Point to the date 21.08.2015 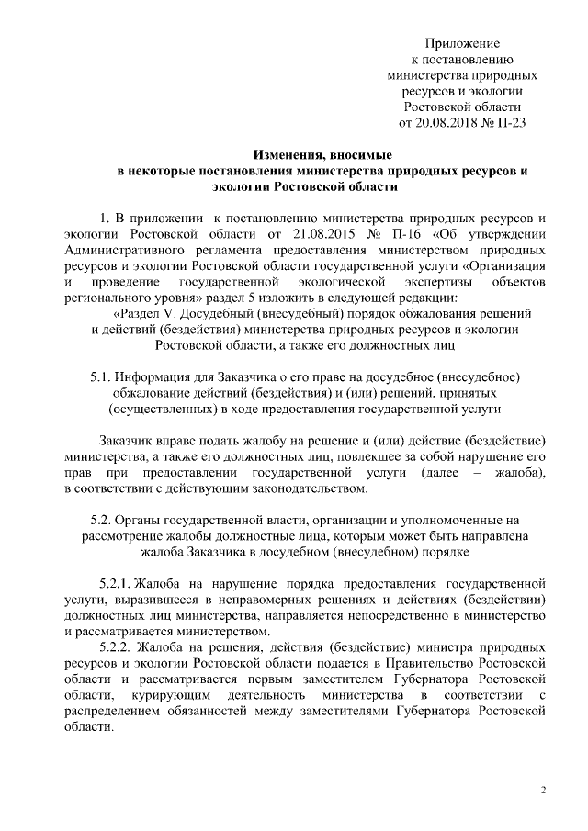click(302, 236)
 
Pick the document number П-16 click(393, 236)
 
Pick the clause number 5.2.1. click(114, 583)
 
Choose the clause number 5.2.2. click(114, 646)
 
